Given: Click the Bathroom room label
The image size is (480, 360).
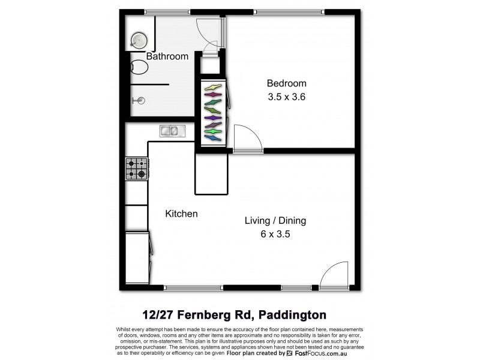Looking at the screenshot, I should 167,56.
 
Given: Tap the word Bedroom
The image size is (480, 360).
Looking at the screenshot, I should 286,83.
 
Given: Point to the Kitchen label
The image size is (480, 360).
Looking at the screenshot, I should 181,214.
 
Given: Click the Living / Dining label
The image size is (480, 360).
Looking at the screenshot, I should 275,220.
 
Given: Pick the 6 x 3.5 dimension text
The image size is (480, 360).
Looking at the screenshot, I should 275,234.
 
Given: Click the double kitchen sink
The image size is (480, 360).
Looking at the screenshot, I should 172,130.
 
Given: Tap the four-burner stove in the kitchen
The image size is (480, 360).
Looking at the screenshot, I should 136,169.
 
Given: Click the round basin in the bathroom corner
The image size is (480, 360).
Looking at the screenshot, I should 139,40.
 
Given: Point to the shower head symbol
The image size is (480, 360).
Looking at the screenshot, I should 140,101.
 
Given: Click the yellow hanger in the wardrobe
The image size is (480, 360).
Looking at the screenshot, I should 213,88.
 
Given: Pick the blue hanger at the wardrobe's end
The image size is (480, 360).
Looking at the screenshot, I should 213,138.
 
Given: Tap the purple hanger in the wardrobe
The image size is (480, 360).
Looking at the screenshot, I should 213,118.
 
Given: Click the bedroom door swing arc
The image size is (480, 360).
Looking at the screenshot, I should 248,137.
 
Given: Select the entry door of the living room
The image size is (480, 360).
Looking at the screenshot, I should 334,275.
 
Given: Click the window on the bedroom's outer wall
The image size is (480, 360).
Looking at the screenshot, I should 289,11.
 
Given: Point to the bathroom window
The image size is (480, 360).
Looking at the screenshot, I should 167,11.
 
